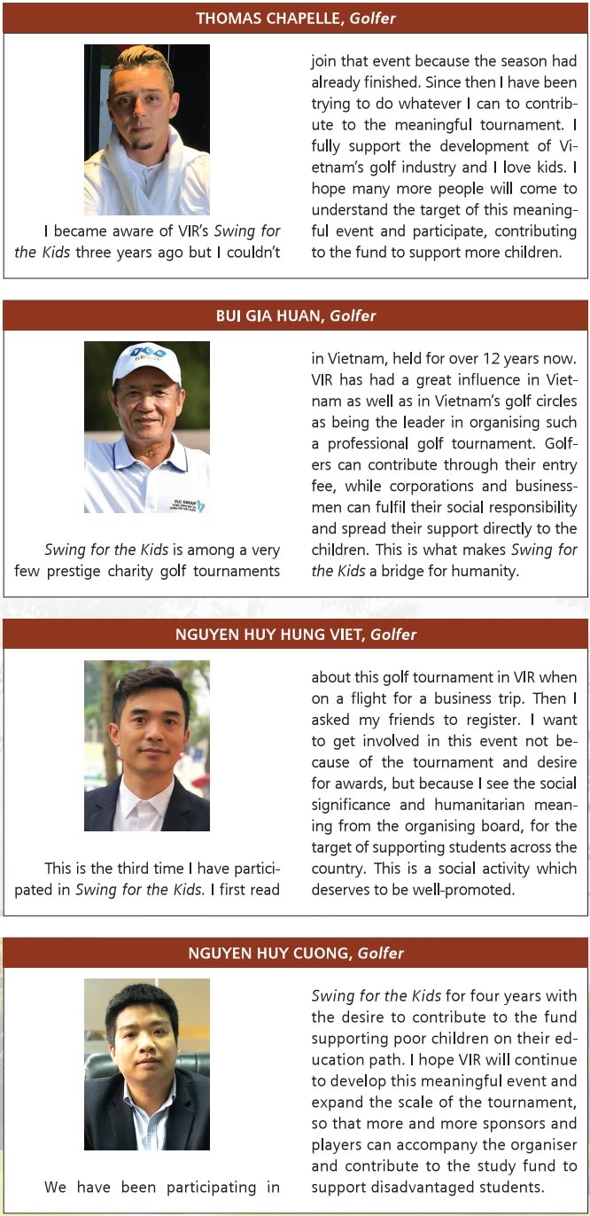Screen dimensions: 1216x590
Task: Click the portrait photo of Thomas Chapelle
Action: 147,129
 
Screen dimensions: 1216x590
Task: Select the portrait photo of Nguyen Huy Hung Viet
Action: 147,745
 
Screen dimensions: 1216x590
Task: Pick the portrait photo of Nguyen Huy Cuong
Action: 147,1064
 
